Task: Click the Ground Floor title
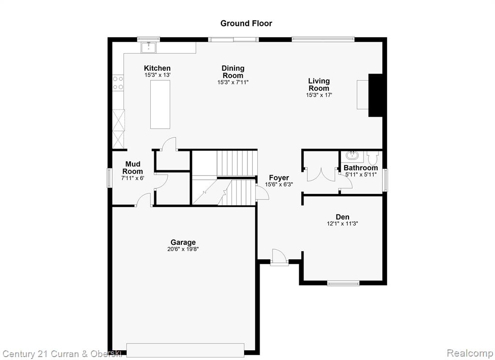pyautogui.click(x=246, y=23)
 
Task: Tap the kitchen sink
pyautogui.click(x=148, y=48)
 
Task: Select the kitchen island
pyautogui.click(x=160, y=105)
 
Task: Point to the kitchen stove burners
pyautogui.click(x=118, y=83)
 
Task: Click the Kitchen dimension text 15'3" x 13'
pyautogui.click(x=158, y=75)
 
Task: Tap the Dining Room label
pyautogui.click(x=233, y=72)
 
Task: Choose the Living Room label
pyautogui.click(x=319, y=84)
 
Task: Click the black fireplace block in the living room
pyautogui.click(x=376, y=95)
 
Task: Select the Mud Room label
pyautogui.click(x=132, y=167)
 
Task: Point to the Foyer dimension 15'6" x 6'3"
pyautogui.click(x=279, y=184)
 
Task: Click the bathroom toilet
pyautogui.click(x=373, y=158)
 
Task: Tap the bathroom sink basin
pyautogui.click(x=351, y=155)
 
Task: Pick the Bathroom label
pyautogui.click(x=361, y=168)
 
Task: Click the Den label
pyautogui.click(x=343, y=217)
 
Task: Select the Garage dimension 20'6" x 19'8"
pyautogui.click(x=183, y=249)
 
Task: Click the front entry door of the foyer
pyautogui.click(x=279, y=257)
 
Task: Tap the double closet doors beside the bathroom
pyautogui.click(x=321, y=175)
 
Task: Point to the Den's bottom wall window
pyautogui.click(x=343, y=283)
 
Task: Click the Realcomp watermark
pyautogui.click(x=470, y=353)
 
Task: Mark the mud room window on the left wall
pyautogui.click(x=110, y=178)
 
